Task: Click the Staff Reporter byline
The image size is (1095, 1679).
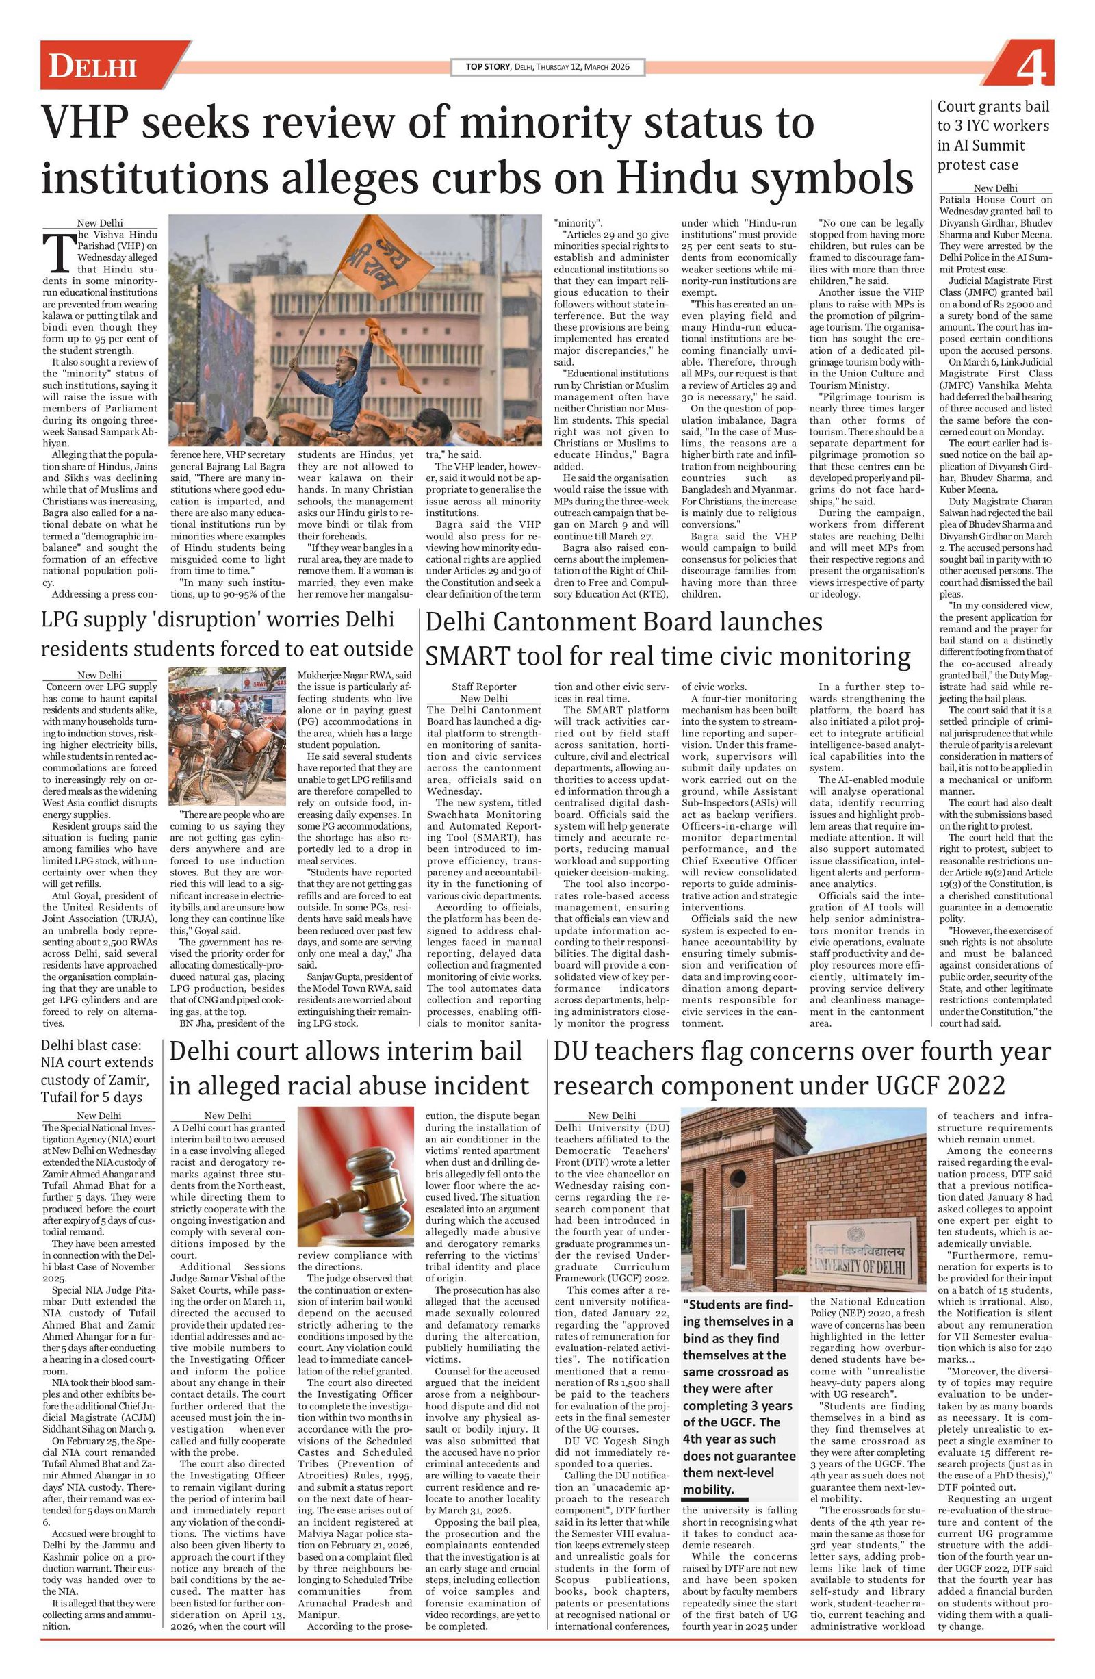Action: (484, 687)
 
